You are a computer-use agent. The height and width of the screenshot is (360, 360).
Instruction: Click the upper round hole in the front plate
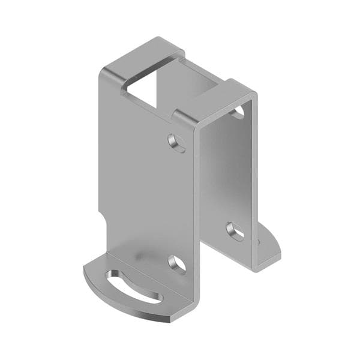tap(176, 143)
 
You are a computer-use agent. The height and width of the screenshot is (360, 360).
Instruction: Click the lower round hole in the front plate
tap(176, 264)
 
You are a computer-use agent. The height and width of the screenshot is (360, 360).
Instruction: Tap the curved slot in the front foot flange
tap(133, 286)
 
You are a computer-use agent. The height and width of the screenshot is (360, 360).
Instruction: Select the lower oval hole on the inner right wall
tap(235, 231)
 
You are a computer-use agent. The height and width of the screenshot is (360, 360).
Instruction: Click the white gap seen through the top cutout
tap(150, 84)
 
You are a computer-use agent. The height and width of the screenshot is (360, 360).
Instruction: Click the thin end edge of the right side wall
tap(255, 180)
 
